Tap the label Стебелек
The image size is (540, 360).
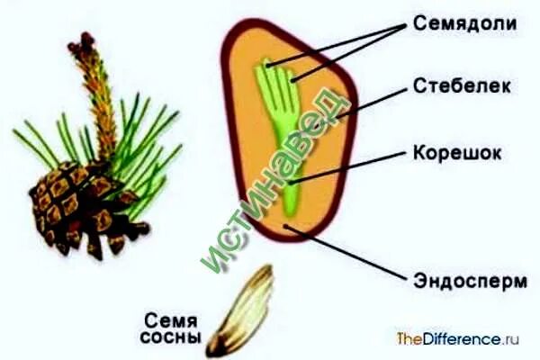coord(464,86)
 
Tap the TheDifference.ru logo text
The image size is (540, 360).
coord(459,339)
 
